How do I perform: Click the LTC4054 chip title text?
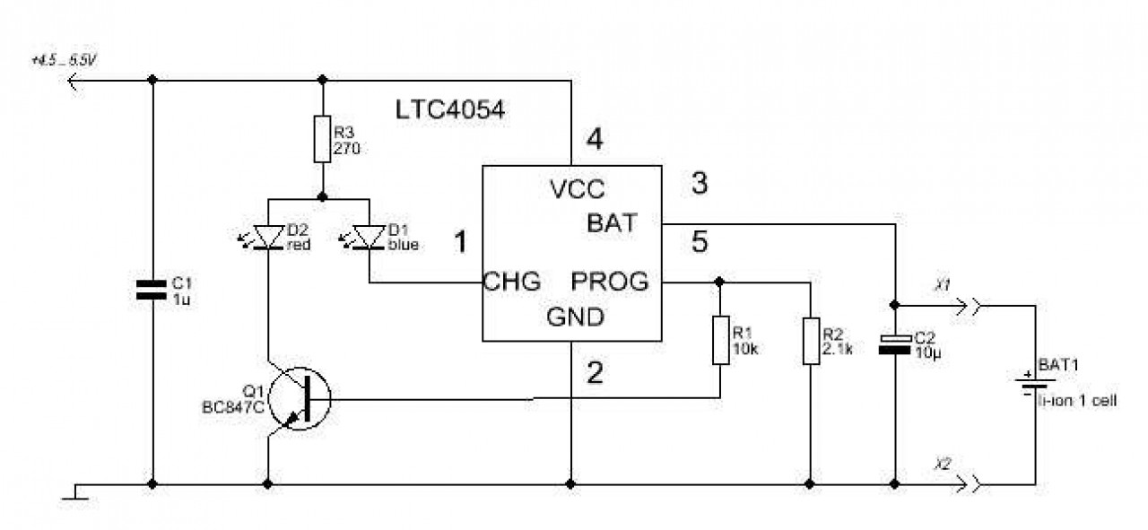click(449, 109)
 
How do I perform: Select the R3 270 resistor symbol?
click(322, 139)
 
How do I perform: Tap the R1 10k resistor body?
click(720, 341)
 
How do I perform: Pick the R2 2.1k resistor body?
click(811, 341)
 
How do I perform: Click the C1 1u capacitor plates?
click(152, 290)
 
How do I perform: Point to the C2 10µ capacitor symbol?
click(895, 344)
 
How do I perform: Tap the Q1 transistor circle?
click(300, 398)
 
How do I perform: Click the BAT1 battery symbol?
click(1035, 384)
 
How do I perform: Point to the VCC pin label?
click(577, 189)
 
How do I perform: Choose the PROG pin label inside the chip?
click(610, 282)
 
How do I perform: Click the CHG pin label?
click(512, 282)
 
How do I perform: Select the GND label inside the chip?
click(576, 317)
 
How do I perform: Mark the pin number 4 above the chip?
click(595, 139)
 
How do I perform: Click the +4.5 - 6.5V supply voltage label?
click(64, 60)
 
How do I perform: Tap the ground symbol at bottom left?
click(75, 492)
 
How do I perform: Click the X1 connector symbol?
click(968, 307)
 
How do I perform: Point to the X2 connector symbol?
click(968, 484)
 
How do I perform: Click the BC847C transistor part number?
click(233, 407)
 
